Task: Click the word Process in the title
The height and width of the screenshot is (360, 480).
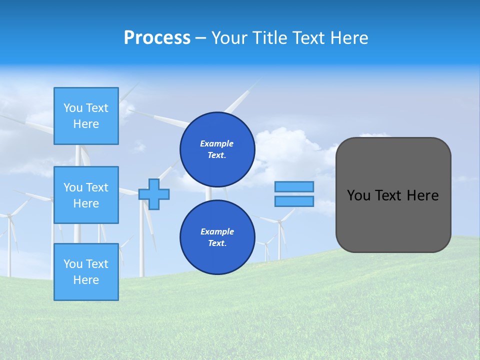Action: click(157, 38)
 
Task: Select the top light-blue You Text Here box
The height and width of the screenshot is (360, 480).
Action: click(86, 116)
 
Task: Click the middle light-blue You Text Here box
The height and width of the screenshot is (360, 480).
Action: click(86, 195)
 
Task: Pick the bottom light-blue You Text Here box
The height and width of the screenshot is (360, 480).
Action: click(86, 272)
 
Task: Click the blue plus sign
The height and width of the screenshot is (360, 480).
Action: click(154, 194)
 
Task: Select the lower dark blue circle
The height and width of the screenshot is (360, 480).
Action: click(217, 237)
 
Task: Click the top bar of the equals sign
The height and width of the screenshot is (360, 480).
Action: click(294, 186)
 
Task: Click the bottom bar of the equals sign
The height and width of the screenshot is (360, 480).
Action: click(294, 201)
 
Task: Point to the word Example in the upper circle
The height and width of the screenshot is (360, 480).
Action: click(217, 143)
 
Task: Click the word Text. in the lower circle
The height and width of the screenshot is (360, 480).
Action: click(217, 243)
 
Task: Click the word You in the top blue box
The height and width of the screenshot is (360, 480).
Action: click(73, 108)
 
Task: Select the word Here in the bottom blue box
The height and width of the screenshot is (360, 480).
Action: click(86, 280)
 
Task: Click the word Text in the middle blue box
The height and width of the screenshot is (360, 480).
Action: click(96, 187)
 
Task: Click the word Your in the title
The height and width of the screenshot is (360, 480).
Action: click(227, 38)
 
